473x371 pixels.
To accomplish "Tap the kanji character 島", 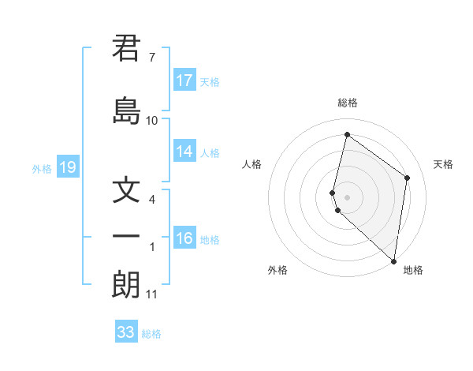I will click(x=126, y=111).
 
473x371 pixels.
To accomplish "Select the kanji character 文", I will click(x=126, y=191).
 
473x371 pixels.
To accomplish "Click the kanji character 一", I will click(x=126, y=237).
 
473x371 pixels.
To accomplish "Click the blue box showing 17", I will click(x=184, y=81).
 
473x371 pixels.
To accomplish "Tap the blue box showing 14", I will click(x=184, y=152).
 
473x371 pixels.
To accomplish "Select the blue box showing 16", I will click(x=184, y=238).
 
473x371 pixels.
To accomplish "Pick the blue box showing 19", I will click(x=68, y=167).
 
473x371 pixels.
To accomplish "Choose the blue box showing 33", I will click(x=126, y=332).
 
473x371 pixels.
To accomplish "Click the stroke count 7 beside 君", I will click(x=151, y=58).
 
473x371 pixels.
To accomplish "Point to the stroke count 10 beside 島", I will click(x=152, y=121).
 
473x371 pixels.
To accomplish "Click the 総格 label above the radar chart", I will click(x=348, y=103).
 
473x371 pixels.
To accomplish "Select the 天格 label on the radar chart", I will click(x=443, y=164).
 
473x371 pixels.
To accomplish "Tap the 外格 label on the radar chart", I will click(x=277, y=270).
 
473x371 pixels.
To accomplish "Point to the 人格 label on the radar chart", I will click(x=252, y=164).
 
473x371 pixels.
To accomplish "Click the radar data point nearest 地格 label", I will click(x=393, y=261).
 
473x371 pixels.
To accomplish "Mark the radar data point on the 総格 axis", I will click(x=347, y=135).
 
